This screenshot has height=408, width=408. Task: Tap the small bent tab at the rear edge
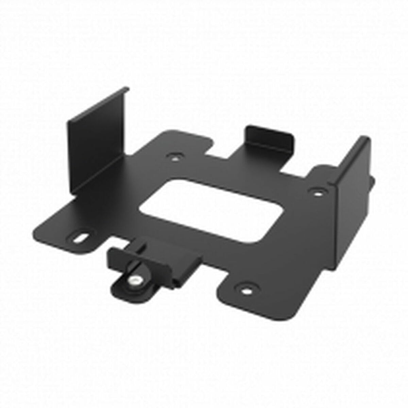tap(269, 136)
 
